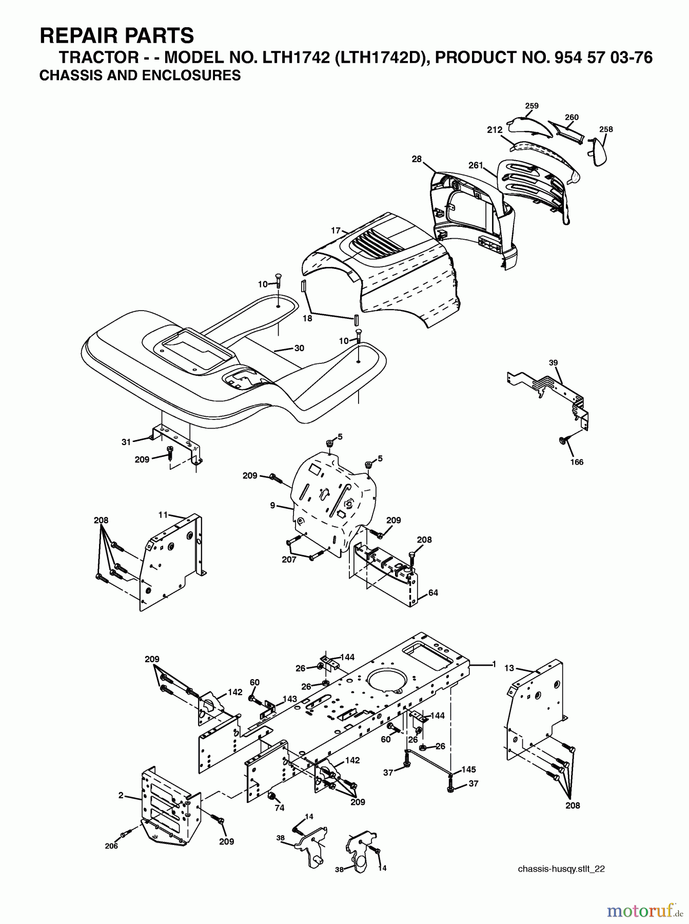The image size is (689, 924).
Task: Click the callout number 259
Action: [531, 106]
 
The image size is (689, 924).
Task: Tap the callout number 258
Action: [606, 129]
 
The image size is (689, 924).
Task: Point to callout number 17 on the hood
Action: [336, 230]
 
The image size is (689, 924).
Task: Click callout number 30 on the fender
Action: [299, 348]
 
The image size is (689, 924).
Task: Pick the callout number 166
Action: [577, 462]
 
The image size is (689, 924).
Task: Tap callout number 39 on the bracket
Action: [553, 362]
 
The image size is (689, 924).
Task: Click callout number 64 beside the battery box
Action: [433, 593]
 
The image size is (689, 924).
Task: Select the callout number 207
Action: [289, 560]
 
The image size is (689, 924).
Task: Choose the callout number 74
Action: [279, 807]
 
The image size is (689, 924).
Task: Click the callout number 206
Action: [111, 846]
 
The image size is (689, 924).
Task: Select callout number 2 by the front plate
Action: [121, 796]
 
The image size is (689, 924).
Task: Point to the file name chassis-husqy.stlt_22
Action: [562, 869]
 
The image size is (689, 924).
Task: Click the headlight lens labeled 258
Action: [599, 152]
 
